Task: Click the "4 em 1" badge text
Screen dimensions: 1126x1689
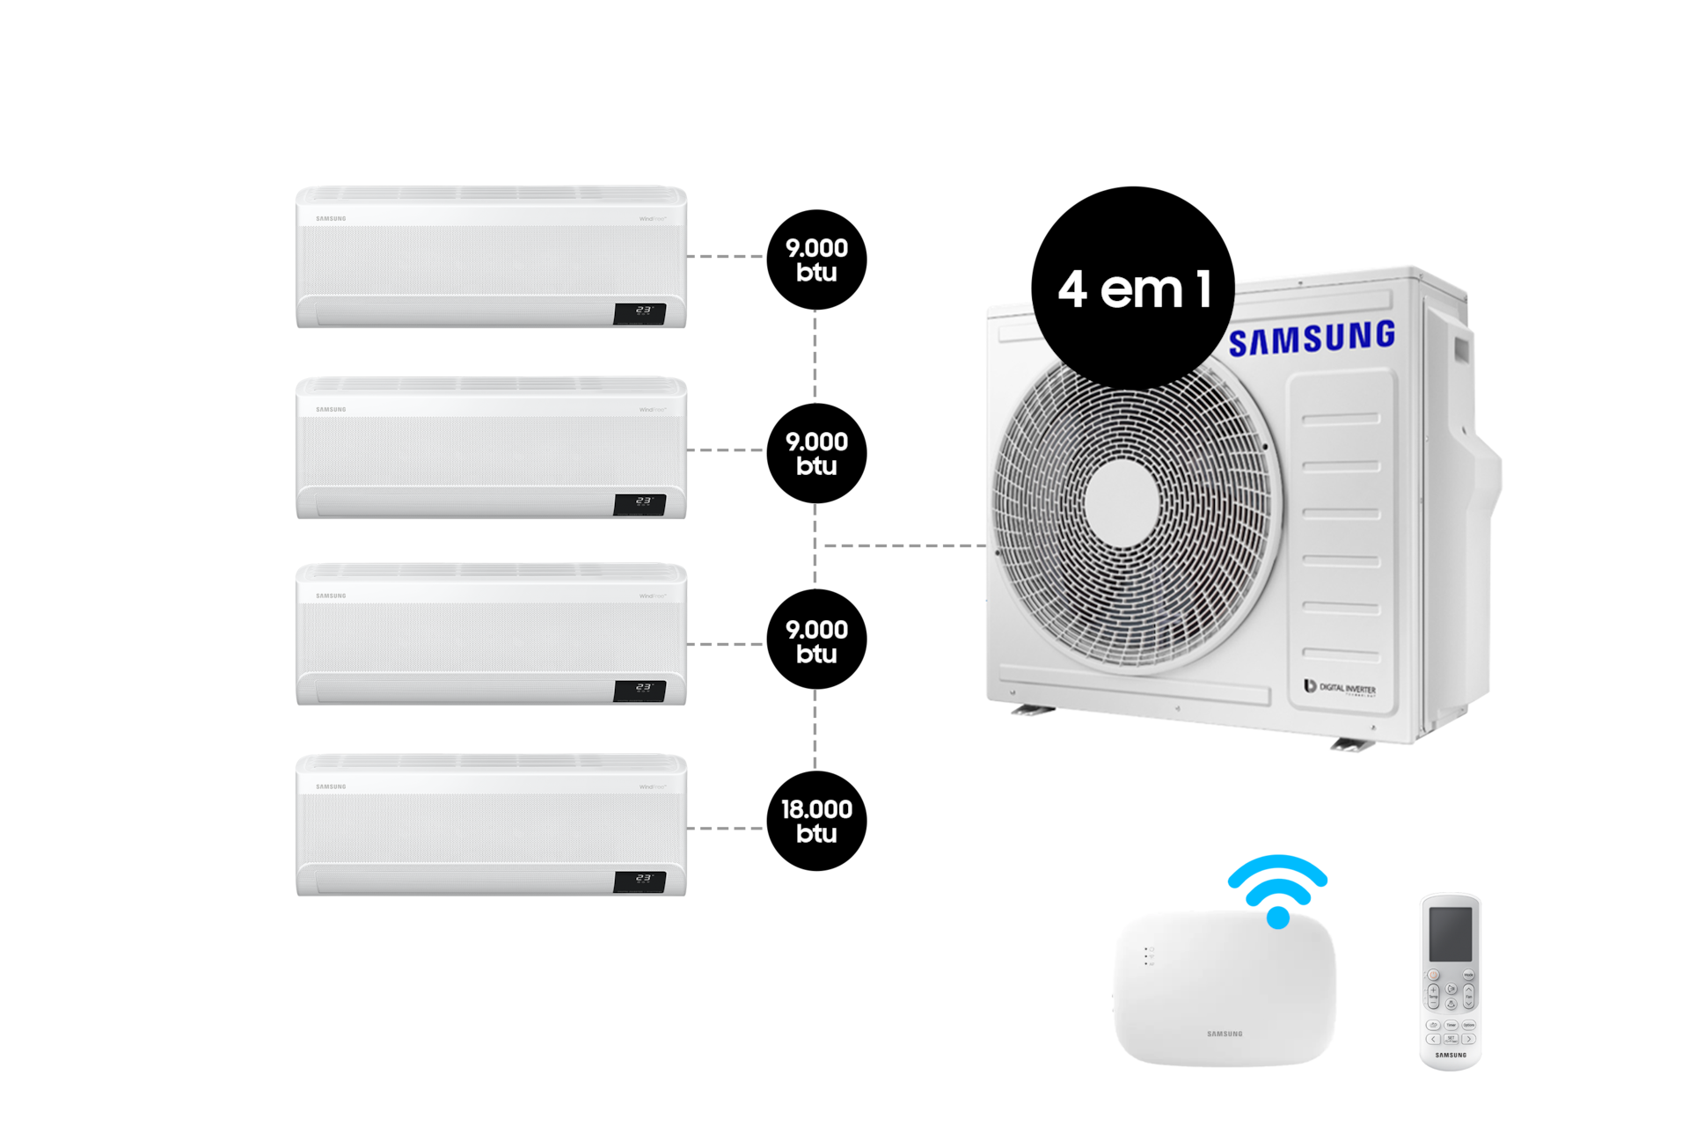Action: (x=1135, y=289)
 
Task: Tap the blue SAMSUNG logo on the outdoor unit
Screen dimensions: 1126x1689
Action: (x=1312, y=338)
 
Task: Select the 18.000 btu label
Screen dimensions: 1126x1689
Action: (x=816, y=821)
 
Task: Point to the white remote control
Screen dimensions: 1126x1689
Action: (x=1450, y=981)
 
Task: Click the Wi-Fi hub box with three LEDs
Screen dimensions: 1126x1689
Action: (x=1225, y=990)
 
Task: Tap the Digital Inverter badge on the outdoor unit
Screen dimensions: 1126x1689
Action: (x=1340, y=687)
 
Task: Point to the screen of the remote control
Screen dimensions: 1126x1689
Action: (x=1450, y=934)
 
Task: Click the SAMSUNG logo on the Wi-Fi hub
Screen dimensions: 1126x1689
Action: (x=1225, y=1034)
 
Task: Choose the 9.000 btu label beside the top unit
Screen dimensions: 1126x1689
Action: (x=816, y=260)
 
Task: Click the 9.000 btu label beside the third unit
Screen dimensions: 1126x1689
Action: (x=816, y=641)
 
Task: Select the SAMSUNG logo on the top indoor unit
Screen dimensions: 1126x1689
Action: (x=331, y=218)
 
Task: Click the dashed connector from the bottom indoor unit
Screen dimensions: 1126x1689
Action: (x=726, y=828)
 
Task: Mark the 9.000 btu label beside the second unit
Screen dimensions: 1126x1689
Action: (x=816, y=453)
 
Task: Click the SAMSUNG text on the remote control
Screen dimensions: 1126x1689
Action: (x=1451, y=1055)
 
